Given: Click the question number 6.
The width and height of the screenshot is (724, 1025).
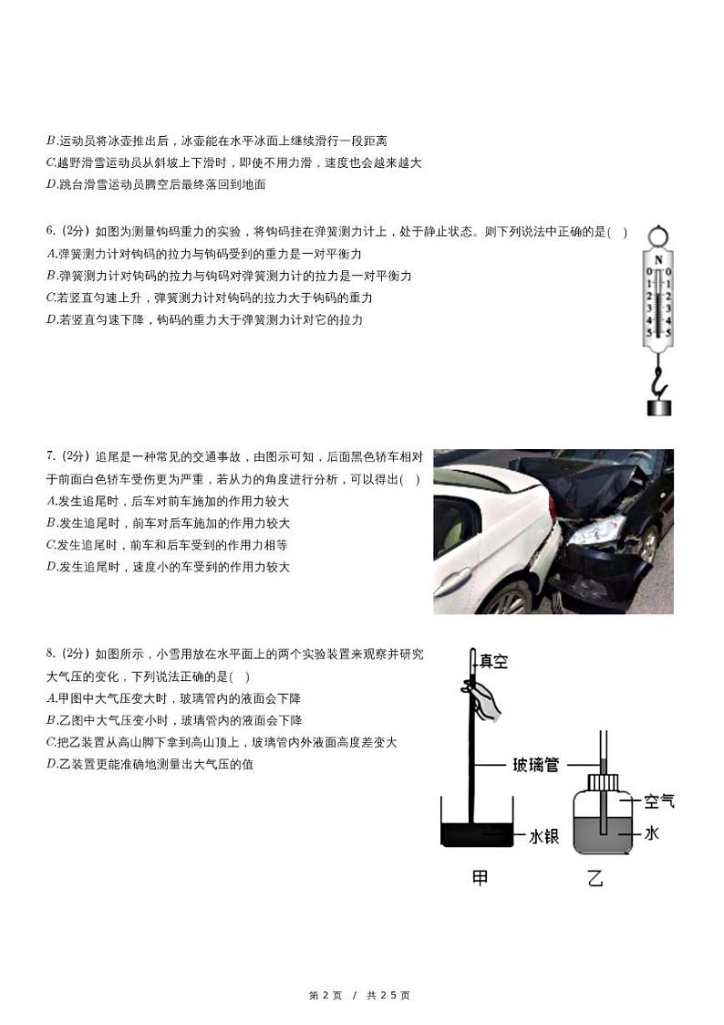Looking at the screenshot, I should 51,233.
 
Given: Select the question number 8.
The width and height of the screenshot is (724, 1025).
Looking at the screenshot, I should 51,654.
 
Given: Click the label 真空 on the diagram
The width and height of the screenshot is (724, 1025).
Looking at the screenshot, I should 493,662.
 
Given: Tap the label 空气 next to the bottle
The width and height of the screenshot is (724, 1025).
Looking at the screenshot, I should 658,801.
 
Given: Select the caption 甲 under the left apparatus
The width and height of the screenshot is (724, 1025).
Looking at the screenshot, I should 479,878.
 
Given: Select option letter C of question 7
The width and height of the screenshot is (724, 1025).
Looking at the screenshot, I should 51,545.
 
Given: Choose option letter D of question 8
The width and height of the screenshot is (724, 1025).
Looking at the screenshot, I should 51,764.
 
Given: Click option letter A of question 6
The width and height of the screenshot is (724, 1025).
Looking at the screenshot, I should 51,254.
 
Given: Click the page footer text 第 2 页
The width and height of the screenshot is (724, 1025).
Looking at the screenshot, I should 326,995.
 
